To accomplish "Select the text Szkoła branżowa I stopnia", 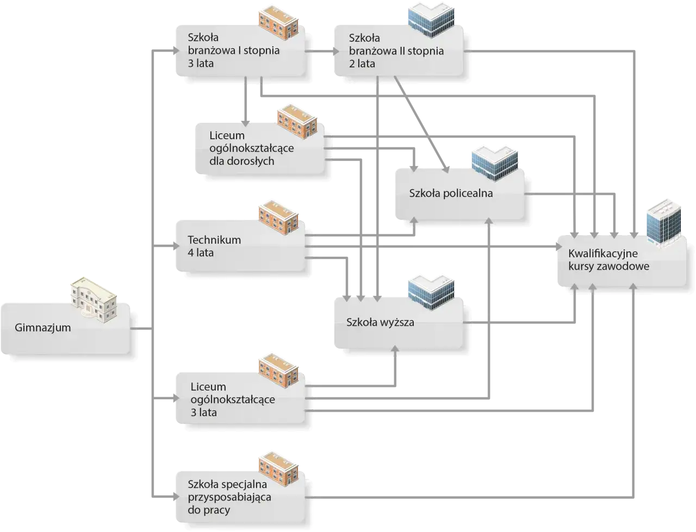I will [233, 51].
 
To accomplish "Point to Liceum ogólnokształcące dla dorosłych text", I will [252, 148].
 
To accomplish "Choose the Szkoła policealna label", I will [451, 193].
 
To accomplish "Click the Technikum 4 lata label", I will [214, 246].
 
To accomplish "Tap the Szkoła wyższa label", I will [380, 322].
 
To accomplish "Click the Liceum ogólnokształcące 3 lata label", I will [233, 399].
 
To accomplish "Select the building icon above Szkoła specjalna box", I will [278, 467].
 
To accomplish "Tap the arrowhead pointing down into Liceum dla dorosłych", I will [246, 120].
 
